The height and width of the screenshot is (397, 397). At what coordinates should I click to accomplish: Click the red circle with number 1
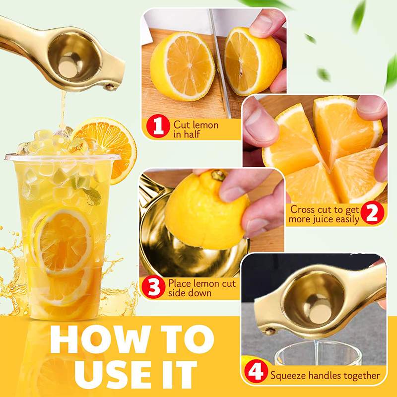pos(158,126)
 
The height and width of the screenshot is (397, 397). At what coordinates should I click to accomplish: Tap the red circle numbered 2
pos(372,213)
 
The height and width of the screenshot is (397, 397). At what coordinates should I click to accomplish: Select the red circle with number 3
pos(153,287)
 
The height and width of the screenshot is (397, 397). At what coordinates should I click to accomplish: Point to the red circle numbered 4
pos(256,371)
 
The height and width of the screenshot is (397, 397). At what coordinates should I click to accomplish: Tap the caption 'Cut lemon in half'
pos(196,130)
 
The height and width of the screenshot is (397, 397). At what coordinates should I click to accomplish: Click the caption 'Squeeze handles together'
pos(325,375)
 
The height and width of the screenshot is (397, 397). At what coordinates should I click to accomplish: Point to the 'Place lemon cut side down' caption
pos(202,288)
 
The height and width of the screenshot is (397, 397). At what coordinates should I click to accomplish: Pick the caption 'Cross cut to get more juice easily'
pos(324,214)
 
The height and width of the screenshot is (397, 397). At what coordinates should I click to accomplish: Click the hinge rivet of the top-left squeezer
pos(110,87)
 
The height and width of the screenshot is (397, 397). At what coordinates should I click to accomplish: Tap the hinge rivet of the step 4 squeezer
pos(270,331)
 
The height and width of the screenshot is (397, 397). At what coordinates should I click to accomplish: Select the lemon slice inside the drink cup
pos(64,242)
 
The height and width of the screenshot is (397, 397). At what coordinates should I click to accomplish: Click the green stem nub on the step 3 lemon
pos(218,175)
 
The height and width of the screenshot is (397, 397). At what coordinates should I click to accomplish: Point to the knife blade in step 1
pos(219,64)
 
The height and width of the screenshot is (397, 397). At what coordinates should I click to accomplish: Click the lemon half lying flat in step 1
pos(182,66)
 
